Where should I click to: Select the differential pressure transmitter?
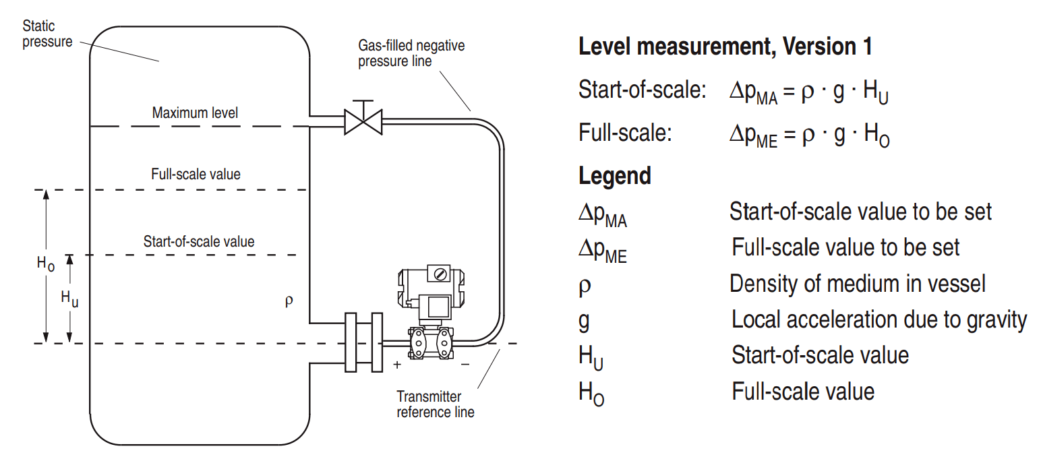(432, 310)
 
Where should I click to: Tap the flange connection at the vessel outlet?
(363, 342)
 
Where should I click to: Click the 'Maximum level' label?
(195, 113)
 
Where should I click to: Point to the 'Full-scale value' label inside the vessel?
(196, 174)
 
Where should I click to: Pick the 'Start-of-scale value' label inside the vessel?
(199, 241)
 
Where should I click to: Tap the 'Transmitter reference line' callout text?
(435, 404)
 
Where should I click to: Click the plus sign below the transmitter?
(397, 365)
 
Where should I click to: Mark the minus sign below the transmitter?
(465, 365)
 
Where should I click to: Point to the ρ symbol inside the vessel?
(289, 301)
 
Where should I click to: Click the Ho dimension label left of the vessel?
(45, 264)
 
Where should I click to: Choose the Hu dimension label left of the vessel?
(69, 297)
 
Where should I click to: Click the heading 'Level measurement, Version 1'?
(725, 47)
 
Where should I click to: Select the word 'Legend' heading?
(614, 176)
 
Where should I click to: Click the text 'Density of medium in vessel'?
(857, 284)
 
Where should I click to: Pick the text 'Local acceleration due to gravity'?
(879, 319)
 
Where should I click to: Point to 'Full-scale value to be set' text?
(845, 247)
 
